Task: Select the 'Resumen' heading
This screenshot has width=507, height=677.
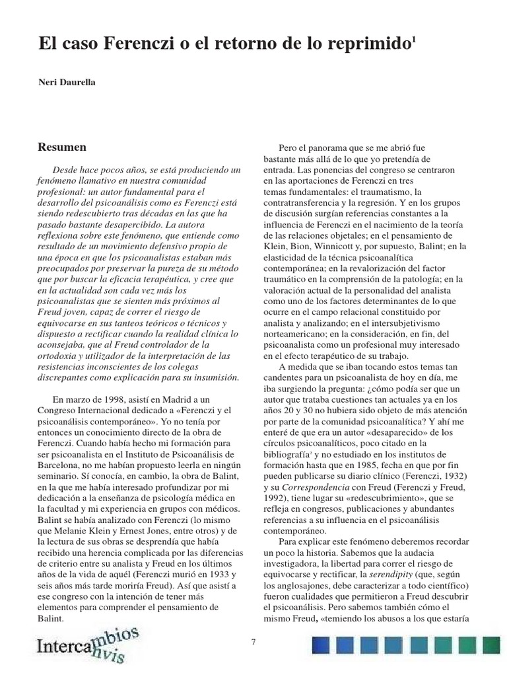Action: pos(63,147)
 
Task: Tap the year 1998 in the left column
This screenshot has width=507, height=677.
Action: pos(115,401)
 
